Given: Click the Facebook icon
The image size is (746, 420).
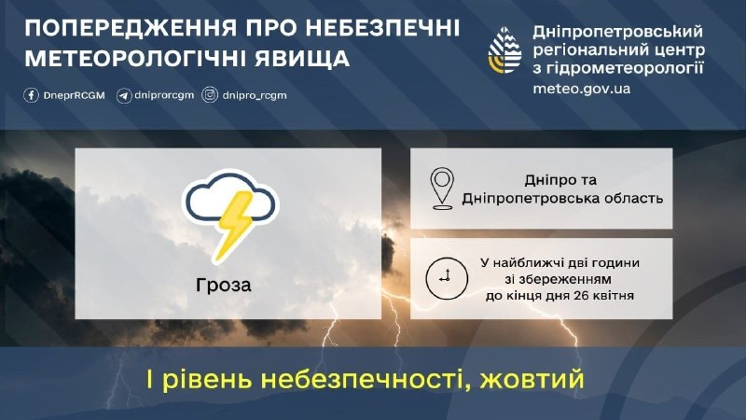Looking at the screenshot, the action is tap(31, 95).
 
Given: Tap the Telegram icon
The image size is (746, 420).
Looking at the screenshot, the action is tap(124, 96).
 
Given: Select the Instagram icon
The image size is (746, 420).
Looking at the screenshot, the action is tap(210, 95).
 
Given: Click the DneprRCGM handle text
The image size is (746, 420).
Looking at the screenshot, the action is tap(74, 95).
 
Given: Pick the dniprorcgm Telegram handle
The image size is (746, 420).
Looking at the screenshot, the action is tap(164, 95).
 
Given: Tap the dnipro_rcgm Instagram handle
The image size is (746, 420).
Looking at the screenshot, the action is tap(255, 95).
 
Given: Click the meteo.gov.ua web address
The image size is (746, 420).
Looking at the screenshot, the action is tap(581, 89).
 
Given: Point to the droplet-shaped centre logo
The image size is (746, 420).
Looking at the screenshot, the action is tap(504, 50).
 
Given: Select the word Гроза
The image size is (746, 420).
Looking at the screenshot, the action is tap(223, 285).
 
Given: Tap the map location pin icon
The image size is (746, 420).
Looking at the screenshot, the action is tap(442, 189).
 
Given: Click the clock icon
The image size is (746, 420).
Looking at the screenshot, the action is tap(447, 278).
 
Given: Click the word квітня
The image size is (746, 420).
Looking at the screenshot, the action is tap(614, 296).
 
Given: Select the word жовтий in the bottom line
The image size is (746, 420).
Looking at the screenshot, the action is tap(532, 380).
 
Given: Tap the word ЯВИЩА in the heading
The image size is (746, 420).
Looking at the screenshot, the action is tap(302, 59).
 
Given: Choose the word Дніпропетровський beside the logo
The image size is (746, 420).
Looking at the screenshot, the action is tap(617, 32).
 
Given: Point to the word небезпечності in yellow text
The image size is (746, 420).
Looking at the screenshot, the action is tap(366, 380).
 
